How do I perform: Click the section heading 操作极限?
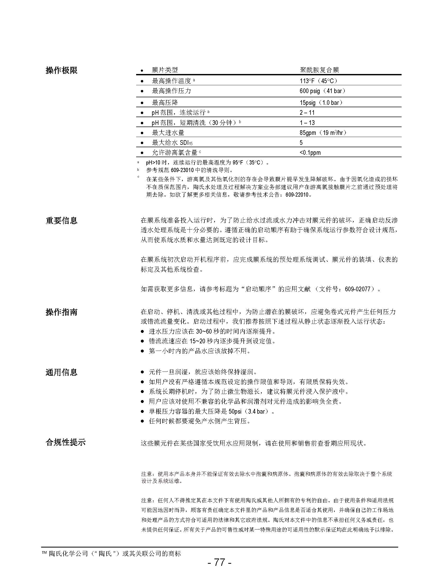(62, 70)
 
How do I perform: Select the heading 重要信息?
(62, 220)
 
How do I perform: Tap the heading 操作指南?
(62, 312)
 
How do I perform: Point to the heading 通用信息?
(62, 372)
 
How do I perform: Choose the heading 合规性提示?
(65, 442)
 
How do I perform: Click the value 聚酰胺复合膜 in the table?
(319, 70)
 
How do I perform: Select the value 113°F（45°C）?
(318, 81)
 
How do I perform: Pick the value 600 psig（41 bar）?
(323, 91)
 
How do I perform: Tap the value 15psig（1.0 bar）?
(321, 103)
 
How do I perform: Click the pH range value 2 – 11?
(307, 113)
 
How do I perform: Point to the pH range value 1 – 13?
(307, 123)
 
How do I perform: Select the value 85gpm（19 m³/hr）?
(323, 133)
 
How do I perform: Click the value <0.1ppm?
(310, 153)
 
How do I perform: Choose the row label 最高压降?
(165, 103)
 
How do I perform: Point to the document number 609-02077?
(358, 289)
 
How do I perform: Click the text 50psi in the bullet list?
(235, 411)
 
